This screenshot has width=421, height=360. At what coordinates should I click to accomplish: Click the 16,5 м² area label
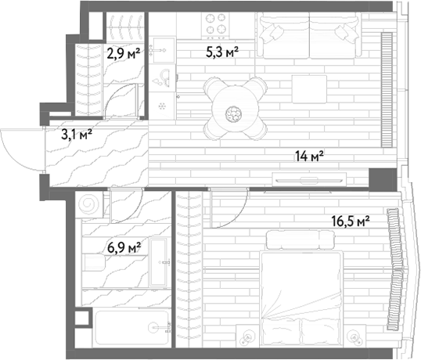click(351, 221)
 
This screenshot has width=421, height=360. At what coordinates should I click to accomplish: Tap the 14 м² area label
click(309, 157)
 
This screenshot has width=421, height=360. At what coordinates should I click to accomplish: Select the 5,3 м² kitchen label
click(222, 52)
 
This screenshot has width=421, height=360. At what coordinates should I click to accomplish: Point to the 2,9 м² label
click(124, 53)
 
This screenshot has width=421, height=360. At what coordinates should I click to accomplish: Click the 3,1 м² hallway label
click(77, 135)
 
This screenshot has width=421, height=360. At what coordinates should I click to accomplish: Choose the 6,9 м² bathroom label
click(124, 247)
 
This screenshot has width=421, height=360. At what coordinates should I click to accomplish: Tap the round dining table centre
click(236, 109)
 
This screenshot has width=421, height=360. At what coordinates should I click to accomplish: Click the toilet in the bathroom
click(94, 262)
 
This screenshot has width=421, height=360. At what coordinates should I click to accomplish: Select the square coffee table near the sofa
click(310, 89)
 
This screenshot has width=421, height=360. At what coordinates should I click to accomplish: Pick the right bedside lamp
click(354, 336)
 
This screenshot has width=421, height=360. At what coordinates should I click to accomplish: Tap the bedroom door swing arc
click(237, 218)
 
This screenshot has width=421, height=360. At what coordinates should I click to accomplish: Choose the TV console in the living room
click(309, 179)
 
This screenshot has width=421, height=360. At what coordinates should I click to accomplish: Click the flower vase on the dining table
click(234, 113)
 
